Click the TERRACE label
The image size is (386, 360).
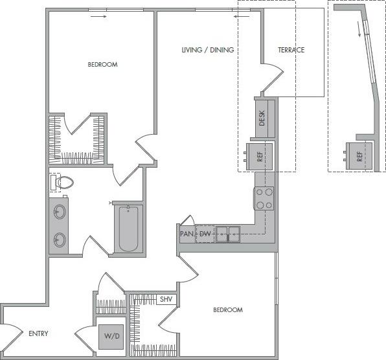click(x=291, y=50)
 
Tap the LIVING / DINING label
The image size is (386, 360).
click(x=207, y=50)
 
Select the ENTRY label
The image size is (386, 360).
click(x=39, y=334)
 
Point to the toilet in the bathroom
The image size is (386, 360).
click(x=63, y=183)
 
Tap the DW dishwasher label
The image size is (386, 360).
click(x=205, y=233)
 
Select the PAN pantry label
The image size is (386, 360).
click(x=187, y=233)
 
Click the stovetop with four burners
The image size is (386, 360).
click(x=264, y=198)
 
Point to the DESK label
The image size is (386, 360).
click(x=262, y=118)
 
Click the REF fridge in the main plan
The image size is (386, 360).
click(x=260, y=155)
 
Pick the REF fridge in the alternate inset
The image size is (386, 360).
click(x=359, y=155)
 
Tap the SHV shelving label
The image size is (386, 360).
click(x=167, y=299)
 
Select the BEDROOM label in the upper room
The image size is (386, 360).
click(x=102, y=65)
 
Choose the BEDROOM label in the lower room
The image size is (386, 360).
click(x=227, y=310)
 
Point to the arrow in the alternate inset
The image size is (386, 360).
click(x=358, y=30)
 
